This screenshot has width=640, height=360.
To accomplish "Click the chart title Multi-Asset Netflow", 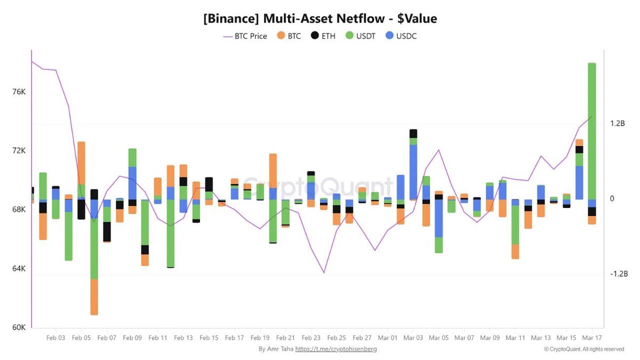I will (320, 19).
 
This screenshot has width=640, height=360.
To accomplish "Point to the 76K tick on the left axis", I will (19, 92).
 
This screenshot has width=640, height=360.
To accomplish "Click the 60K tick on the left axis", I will (19, 327).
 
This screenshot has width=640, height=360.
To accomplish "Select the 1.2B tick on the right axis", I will (617, 124).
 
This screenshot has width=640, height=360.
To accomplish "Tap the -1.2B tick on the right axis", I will (619, 274).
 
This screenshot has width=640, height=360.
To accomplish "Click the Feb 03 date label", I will (56, 338).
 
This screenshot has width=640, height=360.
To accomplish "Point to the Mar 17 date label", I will (591, 338).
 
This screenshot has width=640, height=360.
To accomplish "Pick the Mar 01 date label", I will (388, 338).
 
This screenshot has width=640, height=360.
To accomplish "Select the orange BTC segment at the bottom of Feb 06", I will (94, 297).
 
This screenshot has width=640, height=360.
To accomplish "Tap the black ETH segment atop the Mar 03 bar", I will (413, 133).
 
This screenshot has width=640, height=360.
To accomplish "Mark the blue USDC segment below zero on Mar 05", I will (439, 218).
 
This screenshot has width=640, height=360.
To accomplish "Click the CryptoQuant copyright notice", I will (584, 349).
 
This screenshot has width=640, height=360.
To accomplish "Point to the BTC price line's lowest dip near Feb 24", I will (324, 273).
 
